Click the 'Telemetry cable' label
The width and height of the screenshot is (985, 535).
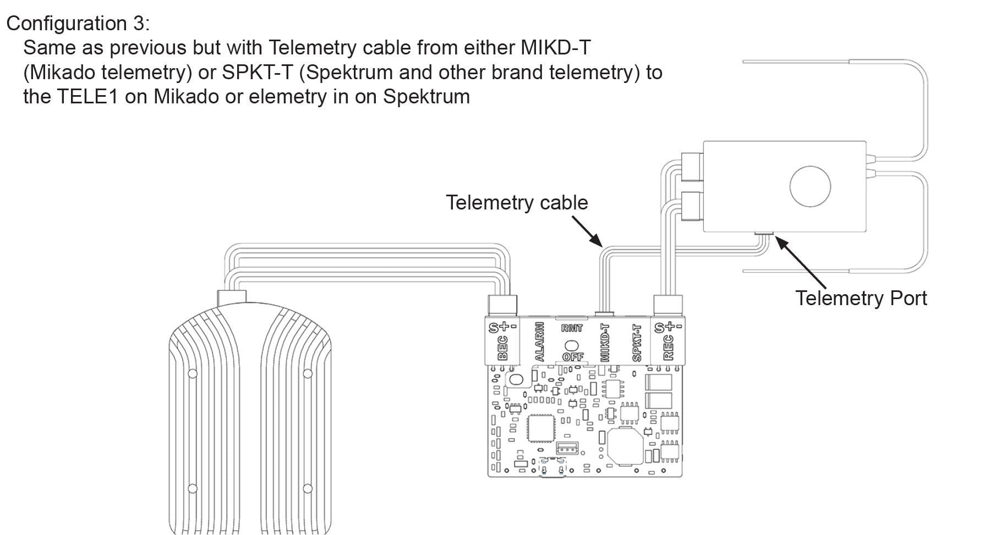click(x=516, y=203)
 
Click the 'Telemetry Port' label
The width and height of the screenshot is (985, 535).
click(x=861, y=298)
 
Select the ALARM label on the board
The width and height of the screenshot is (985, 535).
click(x=539, y=342)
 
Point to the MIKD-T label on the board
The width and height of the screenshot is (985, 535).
click(x=605, y=342)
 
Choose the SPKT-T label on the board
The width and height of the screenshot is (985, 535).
click(x=637, y=342)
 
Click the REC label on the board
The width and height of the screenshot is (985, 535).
click(x=668, y=348)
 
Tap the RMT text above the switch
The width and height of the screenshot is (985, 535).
click(x=572, y=328)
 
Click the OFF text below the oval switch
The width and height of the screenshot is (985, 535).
click(x=572, y=357)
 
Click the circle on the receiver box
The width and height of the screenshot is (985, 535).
click(x=809, y=186)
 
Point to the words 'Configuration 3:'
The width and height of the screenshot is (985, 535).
click(x=78, y=24)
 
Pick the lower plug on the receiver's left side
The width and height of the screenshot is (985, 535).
click(x=691, y=206)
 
